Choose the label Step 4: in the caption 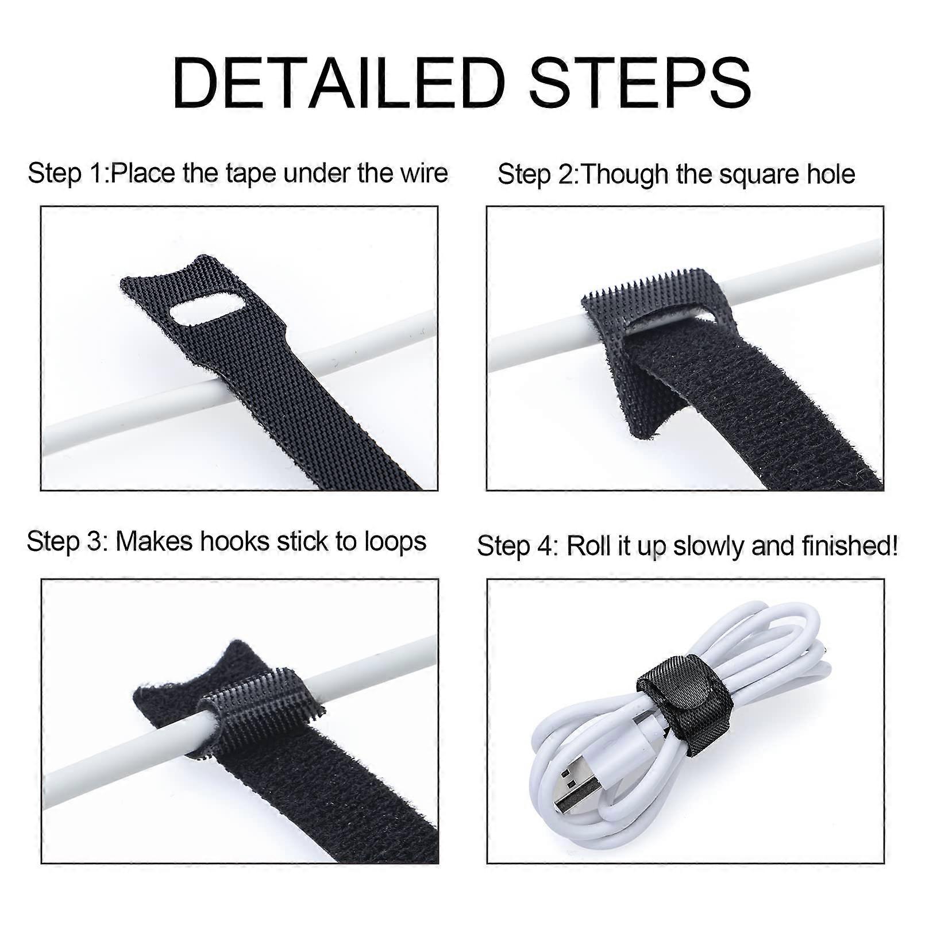point(518,546)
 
